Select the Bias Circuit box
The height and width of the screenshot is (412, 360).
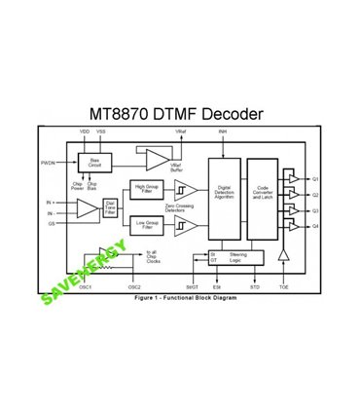point(94,162)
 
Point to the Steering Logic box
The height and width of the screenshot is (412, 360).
point(238,256)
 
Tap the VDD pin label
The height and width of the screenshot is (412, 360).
point(84,131)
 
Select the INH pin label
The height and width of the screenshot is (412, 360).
point(223,131)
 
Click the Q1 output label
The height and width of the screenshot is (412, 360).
point(315,179)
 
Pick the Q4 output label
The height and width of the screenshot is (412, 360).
point(315,226)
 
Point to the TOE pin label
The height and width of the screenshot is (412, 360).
point(283,287)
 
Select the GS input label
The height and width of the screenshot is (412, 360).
point(50,222)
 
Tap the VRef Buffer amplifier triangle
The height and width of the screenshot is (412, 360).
point(156,158)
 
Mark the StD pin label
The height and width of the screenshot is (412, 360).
point(255,287)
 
